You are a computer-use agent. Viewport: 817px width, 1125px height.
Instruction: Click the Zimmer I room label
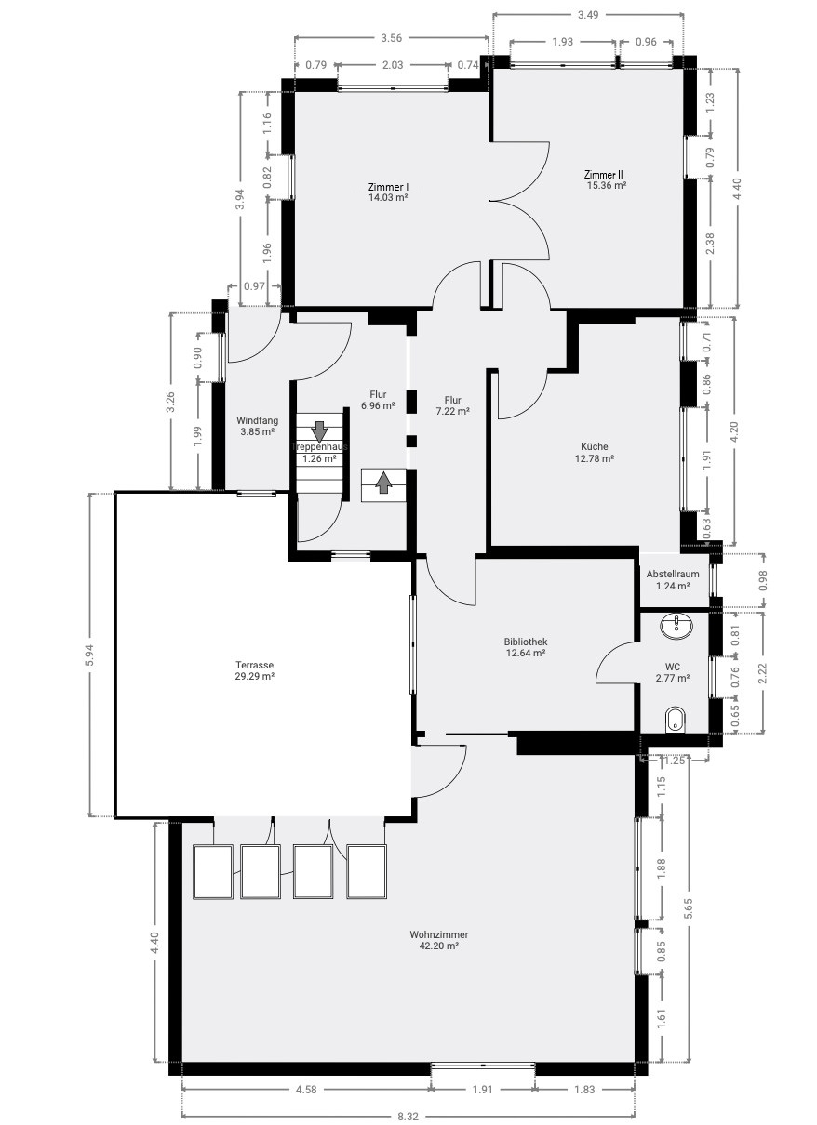point(388,187)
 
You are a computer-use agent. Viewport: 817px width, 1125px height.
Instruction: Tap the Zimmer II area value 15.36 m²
point(607,185)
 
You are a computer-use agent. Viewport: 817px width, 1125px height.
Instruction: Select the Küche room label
point(595,446)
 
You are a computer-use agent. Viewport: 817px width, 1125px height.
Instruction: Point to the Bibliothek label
point(526,642)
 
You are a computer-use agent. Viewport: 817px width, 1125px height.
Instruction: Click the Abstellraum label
point(673,574)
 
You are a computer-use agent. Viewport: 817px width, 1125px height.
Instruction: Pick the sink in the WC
point(676,627)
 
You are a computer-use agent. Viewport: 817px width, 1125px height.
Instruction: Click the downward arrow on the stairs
point(319,431)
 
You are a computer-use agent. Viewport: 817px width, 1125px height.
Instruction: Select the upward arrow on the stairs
point(384,483)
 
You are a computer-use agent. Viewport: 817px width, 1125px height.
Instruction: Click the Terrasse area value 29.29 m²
point(254,676)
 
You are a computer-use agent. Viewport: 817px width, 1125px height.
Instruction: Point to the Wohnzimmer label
point(439,934)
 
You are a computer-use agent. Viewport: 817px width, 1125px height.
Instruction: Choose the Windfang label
point(258,421)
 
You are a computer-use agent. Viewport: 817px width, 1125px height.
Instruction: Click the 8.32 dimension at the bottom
point(408,1117)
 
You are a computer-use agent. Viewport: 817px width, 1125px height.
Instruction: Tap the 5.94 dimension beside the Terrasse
point(90,655)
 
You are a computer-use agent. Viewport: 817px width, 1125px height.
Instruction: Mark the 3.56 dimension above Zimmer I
point(391,38)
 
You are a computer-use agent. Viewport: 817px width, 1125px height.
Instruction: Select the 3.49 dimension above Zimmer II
point(588,15)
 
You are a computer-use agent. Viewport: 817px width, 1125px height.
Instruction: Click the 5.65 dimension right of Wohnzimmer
point(689,908)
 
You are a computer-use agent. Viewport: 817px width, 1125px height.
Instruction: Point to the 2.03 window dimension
point(393,65)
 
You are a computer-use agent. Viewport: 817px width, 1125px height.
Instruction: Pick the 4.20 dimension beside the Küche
point(734,432)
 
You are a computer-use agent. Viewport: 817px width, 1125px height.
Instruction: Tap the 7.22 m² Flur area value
point(453,411)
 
